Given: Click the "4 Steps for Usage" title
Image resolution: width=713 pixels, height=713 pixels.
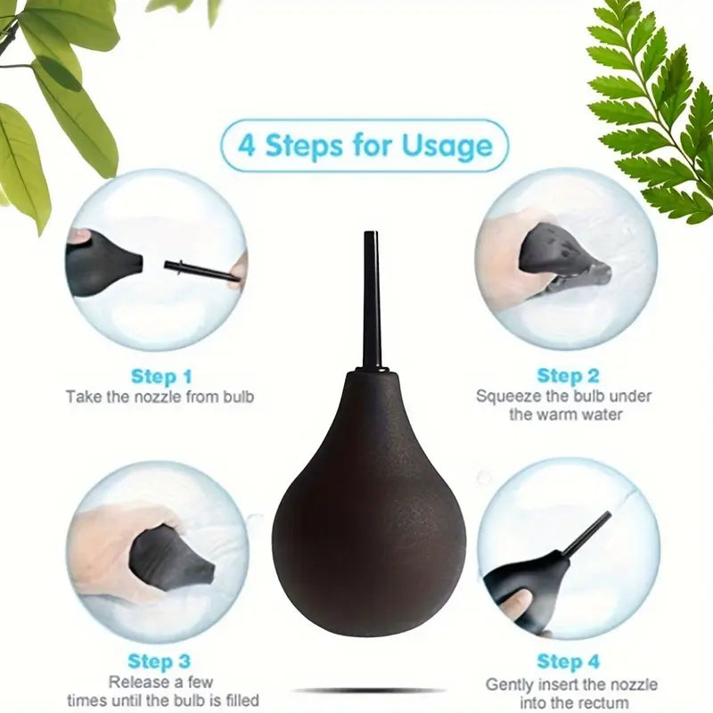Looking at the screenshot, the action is [365, 145].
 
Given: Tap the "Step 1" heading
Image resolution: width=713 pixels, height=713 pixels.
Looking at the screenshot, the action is [161, 376].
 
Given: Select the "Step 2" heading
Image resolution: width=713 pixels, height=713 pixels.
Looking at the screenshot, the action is [568, 375].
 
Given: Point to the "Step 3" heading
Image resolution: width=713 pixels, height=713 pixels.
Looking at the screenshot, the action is [159, 661].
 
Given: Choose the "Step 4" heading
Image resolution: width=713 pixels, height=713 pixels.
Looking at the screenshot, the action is [568, 661].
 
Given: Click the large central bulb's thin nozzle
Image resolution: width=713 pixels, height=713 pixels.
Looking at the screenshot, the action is [372, 299].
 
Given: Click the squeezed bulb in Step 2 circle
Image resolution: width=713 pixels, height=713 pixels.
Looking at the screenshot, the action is [564, 257].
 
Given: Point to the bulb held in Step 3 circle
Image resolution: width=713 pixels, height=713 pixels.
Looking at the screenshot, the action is [169, 559].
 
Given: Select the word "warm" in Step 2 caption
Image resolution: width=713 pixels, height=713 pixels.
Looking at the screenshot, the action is [567, 414].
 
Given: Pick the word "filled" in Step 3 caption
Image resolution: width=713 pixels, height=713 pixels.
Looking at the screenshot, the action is [242, 701].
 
